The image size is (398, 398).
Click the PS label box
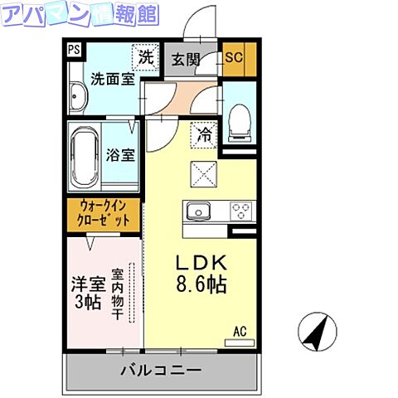[74, 49]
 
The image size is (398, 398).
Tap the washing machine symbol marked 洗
[146, 57]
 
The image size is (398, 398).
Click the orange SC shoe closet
[233, 58]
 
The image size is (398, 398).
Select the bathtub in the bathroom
[85, 158]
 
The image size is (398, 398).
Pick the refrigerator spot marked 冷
[203, 133]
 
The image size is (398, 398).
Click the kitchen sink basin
[200, 212]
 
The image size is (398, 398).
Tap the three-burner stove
[241, 211]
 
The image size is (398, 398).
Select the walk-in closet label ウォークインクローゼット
[104, 214]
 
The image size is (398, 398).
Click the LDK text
[201, 262]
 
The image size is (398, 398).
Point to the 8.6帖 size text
[201, 284]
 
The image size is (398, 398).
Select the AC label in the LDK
[240, 331]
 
